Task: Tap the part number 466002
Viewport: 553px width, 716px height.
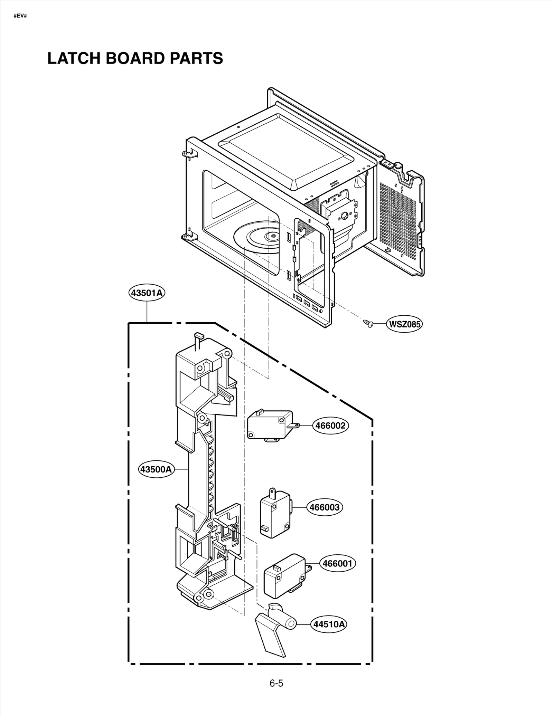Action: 330,426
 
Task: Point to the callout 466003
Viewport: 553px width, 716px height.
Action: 325,507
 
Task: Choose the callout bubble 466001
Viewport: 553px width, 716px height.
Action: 337,563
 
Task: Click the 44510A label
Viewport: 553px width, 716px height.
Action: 329,624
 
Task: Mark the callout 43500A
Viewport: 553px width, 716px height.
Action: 156,469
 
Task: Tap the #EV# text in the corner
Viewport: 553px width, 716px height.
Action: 20,16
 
